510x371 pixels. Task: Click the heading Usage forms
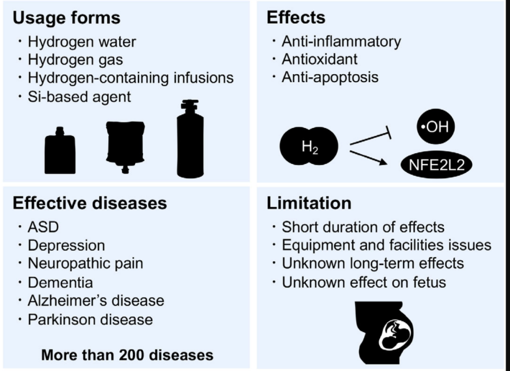(67, 18)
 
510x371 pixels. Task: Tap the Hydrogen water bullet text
(82, 42)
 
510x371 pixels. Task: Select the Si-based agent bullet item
(79, 97)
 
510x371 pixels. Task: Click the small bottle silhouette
(60, 151)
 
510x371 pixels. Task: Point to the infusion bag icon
(125, 146)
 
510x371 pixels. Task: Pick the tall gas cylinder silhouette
(190, 139)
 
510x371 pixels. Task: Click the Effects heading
(296, 17)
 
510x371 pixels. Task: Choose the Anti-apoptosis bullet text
(330, 77)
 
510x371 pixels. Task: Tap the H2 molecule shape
(309, 146)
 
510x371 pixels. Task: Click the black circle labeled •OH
(435, 126)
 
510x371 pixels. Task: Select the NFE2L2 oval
(436, 165)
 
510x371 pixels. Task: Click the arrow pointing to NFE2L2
(368, 158)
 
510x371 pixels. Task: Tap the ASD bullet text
(43, 227)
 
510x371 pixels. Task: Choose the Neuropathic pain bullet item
(85, 263)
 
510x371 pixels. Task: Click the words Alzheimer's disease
(96, 301)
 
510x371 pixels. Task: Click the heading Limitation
(309, 203)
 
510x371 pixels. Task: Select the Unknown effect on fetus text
(364, 282)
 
